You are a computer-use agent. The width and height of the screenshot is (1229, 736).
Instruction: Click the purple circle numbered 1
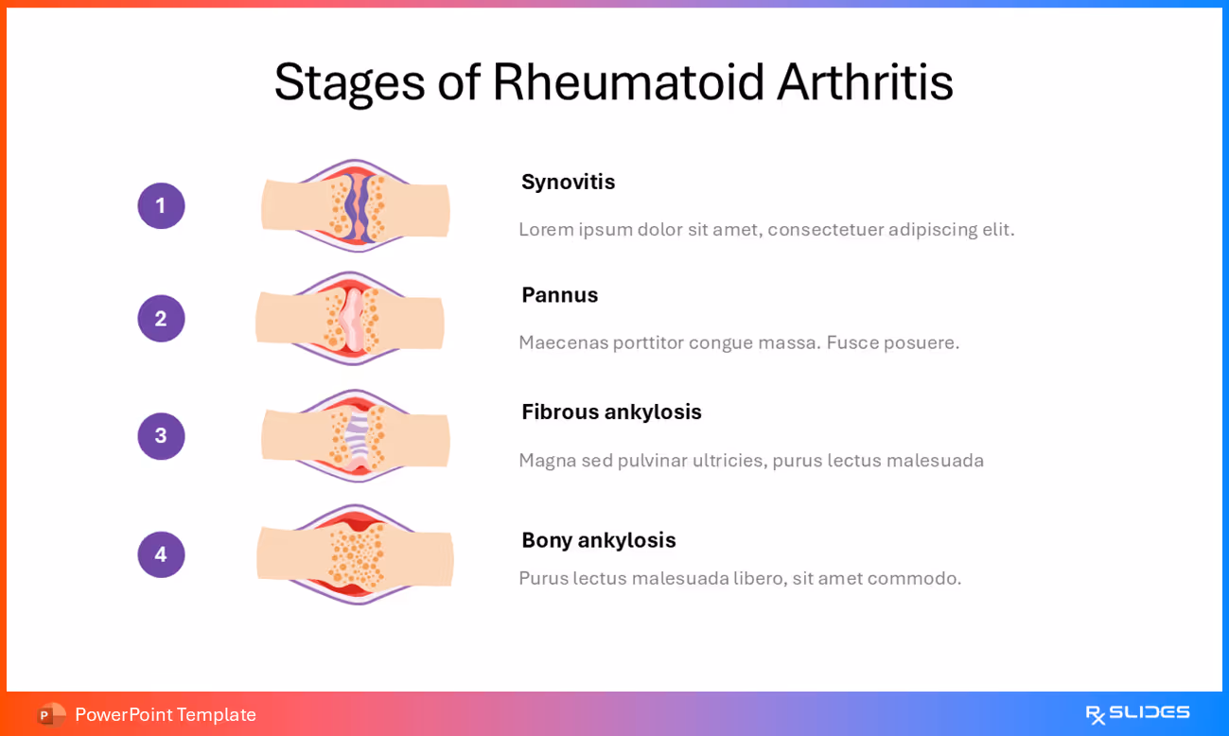(161, 206)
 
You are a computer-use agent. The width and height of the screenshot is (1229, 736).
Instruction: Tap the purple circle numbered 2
(161, 319)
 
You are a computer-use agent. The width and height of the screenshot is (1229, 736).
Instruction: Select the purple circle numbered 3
(161, 436)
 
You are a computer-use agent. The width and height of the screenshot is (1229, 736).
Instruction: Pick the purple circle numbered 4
(161, 554)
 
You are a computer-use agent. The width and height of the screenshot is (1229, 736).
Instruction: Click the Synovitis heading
(568, 182)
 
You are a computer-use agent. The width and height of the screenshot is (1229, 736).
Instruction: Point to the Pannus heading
(559, 295)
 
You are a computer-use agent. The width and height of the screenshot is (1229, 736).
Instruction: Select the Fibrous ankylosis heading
(611, 412)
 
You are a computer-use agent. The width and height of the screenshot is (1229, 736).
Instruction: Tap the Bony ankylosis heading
(598, 540)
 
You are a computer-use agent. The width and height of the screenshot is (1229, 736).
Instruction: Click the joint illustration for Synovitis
(355, 206)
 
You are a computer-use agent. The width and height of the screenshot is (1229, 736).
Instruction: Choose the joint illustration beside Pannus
(350, 319)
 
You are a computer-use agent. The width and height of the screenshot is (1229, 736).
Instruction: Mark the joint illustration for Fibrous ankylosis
(355, 436)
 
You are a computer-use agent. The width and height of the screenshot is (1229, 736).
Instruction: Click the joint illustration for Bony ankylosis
(355, 554)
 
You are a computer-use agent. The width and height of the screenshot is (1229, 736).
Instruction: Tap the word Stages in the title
(349, 82)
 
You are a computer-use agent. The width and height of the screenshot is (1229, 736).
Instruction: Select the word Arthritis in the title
(865, 82)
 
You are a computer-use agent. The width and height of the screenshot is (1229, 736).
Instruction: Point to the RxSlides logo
(1137, 714)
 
